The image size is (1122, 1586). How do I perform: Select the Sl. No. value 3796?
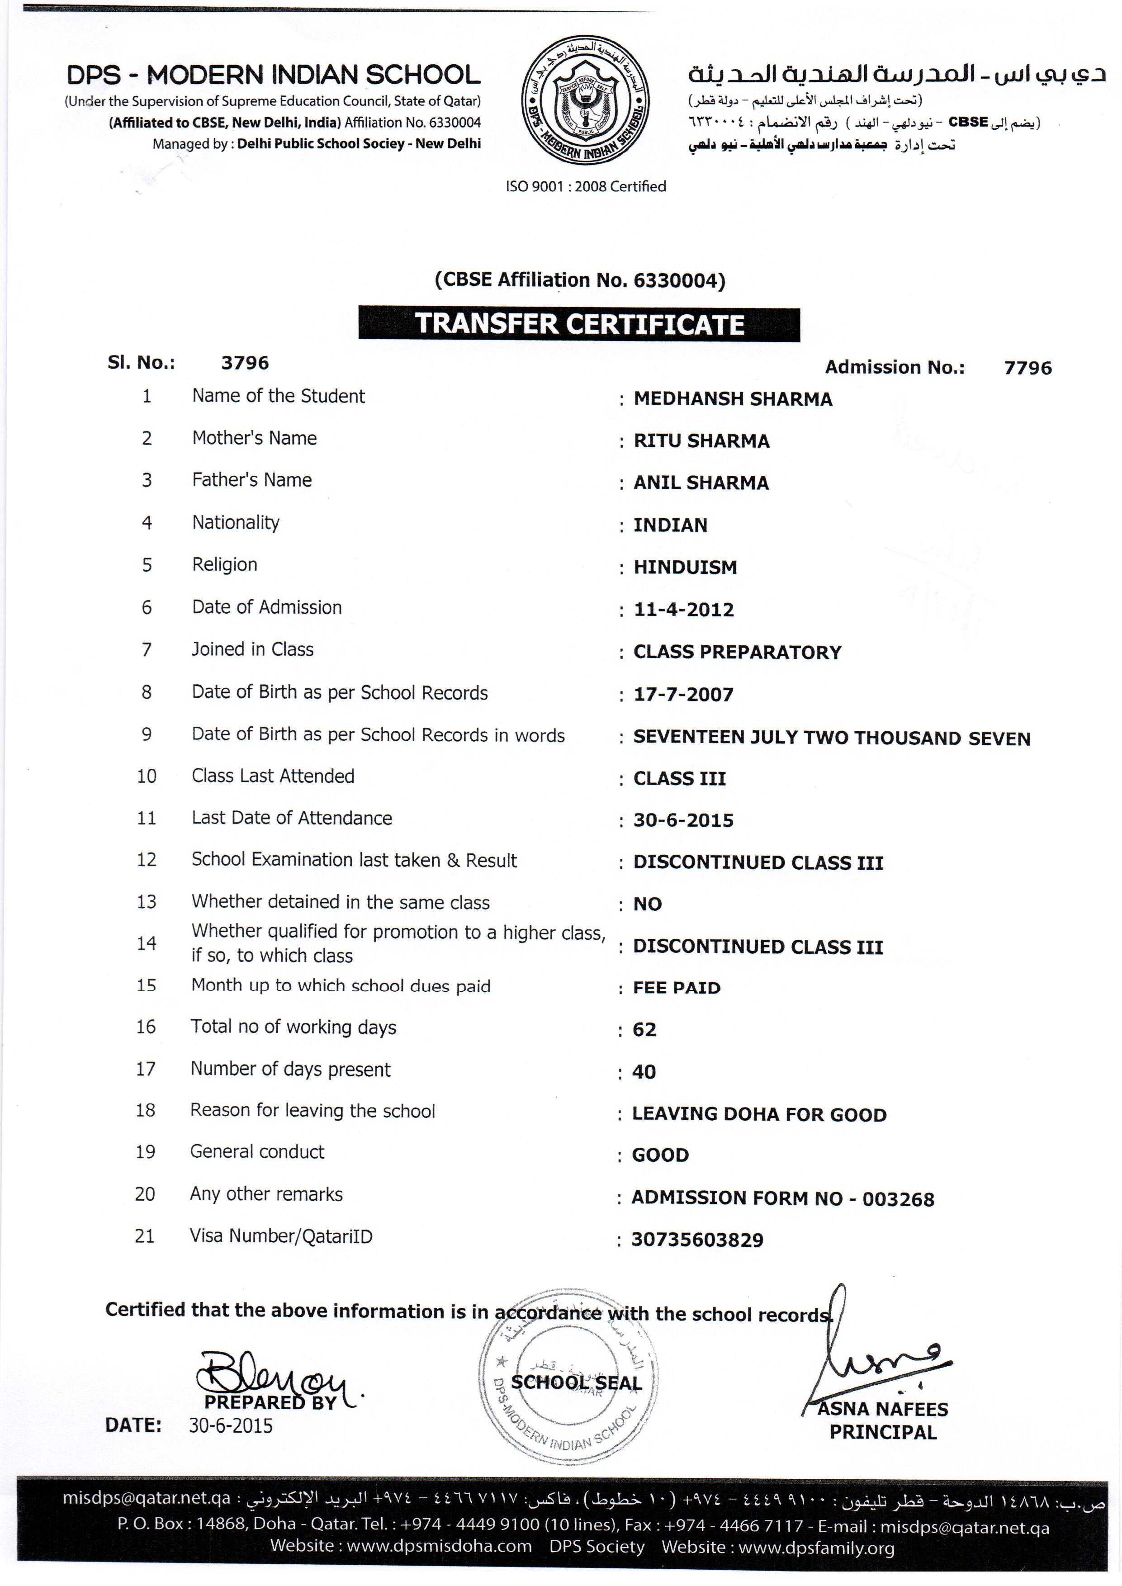tap(245, 363)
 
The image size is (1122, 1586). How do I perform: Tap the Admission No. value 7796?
tap(1027, 368)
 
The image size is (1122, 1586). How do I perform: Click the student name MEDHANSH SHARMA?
tap(732, 399)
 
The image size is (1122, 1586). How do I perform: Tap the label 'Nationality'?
tap(236, 523)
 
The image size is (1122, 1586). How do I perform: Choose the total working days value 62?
tap(644, 1030)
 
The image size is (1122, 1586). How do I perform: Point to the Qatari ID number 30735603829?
tap(697, 1240)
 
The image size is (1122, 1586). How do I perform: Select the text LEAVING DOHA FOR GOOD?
tap(758, 1114)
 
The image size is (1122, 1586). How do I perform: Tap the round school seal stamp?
tap(568, 1382)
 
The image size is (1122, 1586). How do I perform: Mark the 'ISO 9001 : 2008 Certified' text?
tap(586, 186)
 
